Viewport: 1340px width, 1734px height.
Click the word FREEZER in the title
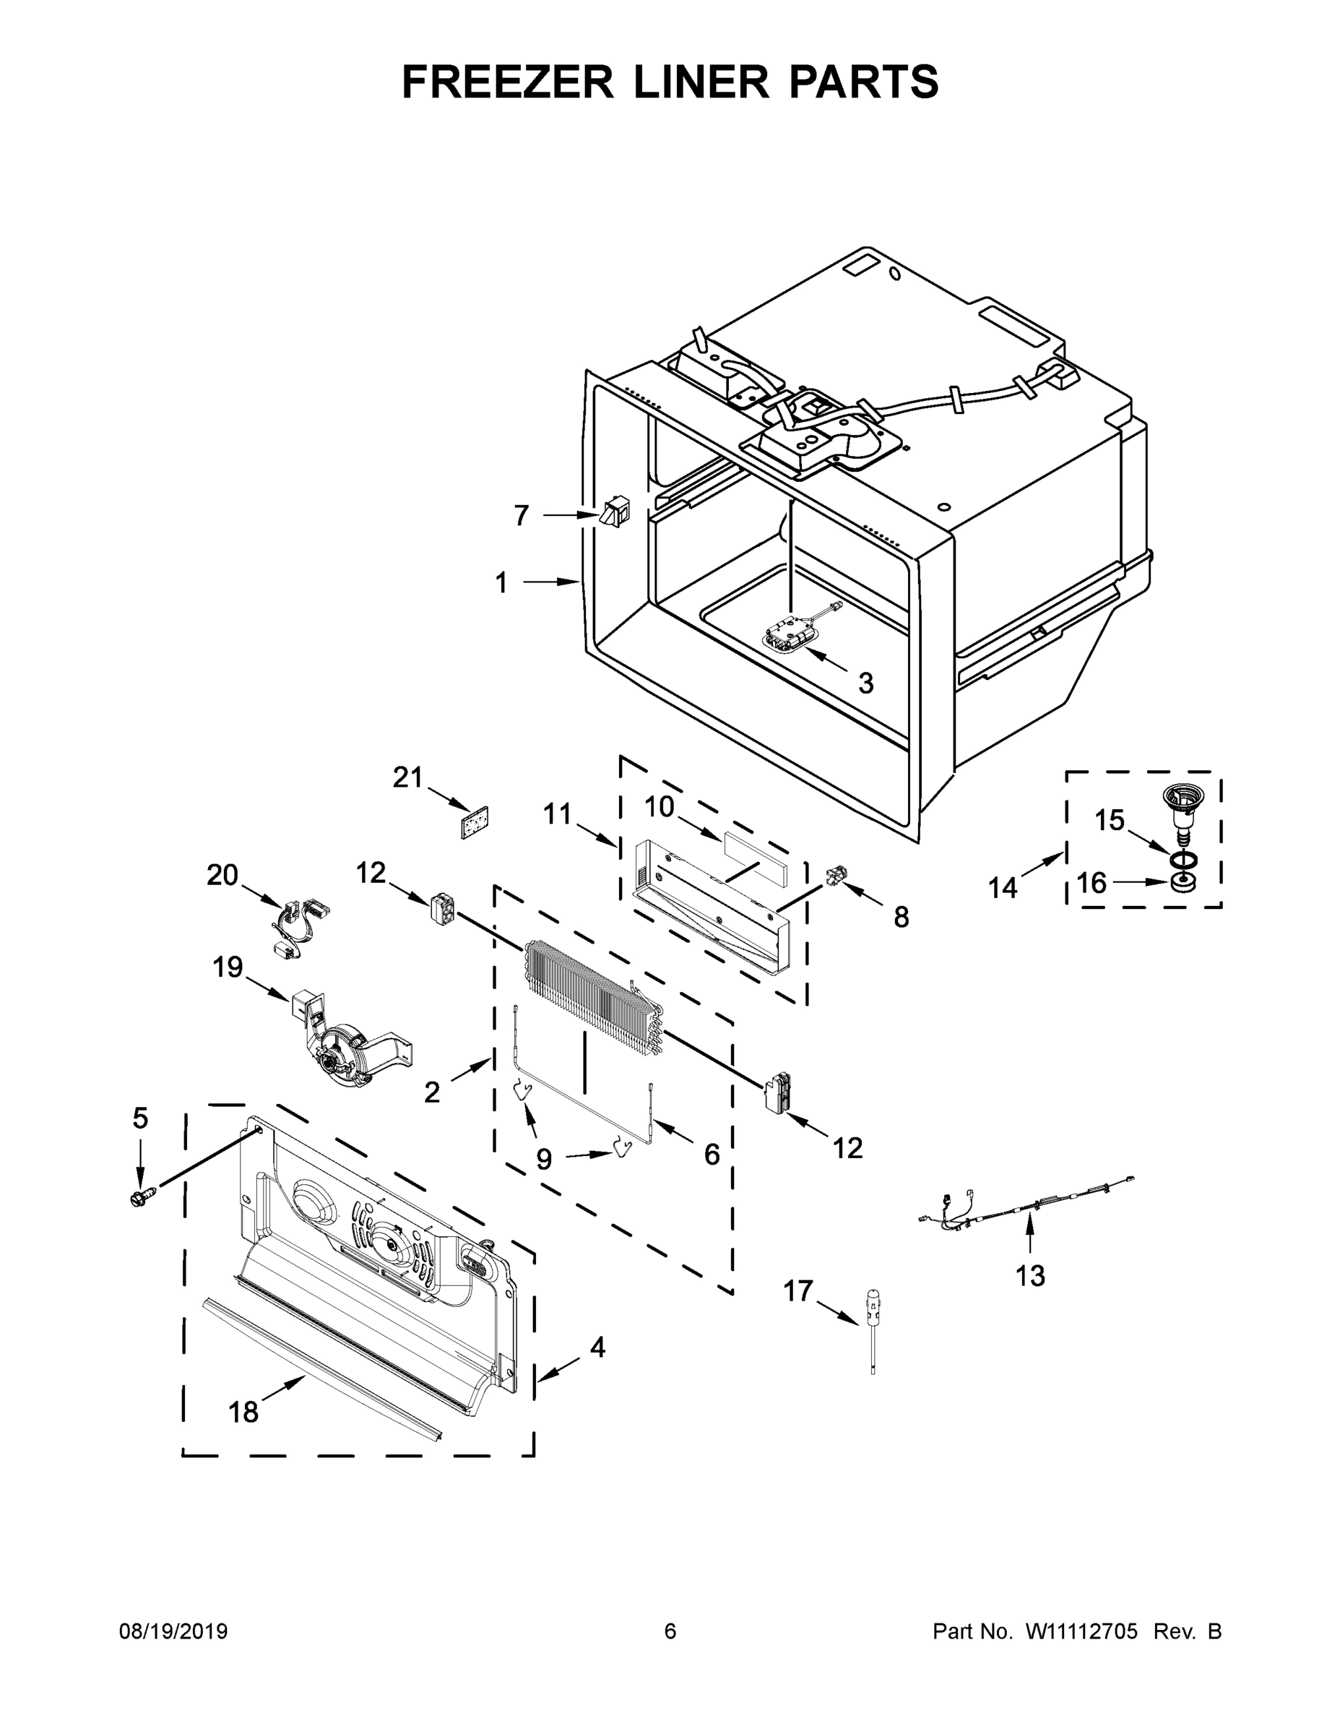coord(507,82)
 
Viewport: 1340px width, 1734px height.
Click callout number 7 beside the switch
coord(521,515)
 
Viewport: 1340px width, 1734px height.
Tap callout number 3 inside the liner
coord(865,683)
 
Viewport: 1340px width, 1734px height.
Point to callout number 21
coord(407,777)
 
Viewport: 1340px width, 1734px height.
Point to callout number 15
coord(1110,820)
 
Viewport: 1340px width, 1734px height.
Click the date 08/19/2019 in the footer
coord(173,1631)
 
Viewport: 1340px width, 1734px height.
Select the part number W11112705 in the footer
coord(1082,1631)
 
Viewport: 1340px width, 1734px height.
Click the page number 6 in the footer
coord(670,1631)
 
